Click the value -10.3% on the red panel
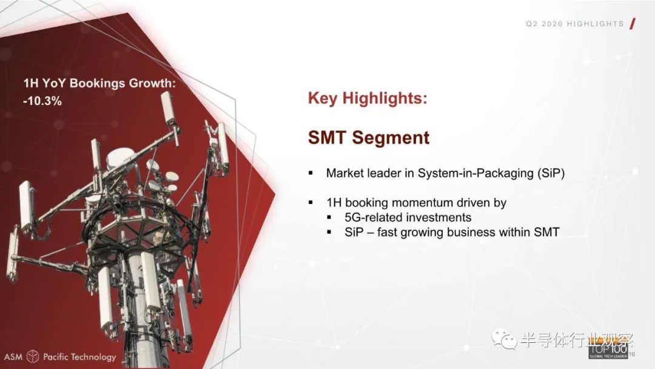[x=42, y=101]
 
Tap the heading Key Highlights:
[x=368, y=98]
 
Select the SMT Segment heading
[x=369, y=138]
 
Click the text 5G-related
[x=373, y=217]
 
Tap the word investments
[x=438, y=217]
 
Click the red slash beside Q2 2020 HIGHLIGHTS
[x=633, y=24]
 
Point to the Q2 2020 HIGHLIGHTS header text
[x=575, y=24]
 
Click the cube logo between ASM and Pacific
[x=33, y=356]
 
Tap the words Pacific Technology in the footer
[x=80, y=357]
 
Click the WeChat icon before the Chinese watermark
[x=504, y=339]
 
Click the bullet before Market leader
[x=311, y=172]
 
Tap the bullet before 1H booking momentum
[x=311, y=202]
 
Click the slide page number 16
[x=631, y=354]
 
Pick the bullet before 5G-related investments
[x=329, y=217]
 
